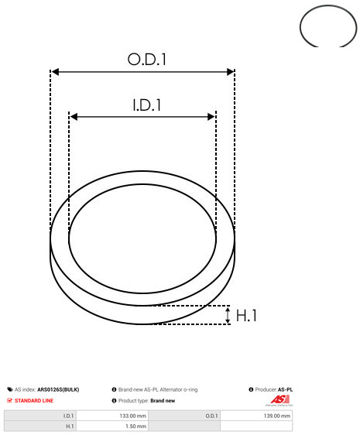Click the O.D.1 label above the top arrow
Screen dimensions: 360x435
(147, 59)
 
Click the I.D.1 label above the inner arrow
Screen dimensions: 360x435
(147, 105)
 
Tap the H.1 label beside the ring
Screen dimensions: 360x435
(246, 316)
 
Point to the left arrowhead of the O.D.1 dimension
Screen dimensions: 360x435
(55, 72)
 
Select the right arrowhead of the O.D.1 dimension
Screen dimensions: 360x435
(231, 72)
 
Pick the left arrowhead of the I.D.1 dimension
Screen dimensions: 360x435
(74, 117)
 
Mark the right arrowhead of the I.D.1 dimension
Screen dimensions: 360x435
(211, 117)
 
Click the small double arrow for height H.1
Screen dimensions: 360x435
(228, 315)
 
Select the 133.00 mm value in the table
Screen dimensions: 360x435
(132, 416)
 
